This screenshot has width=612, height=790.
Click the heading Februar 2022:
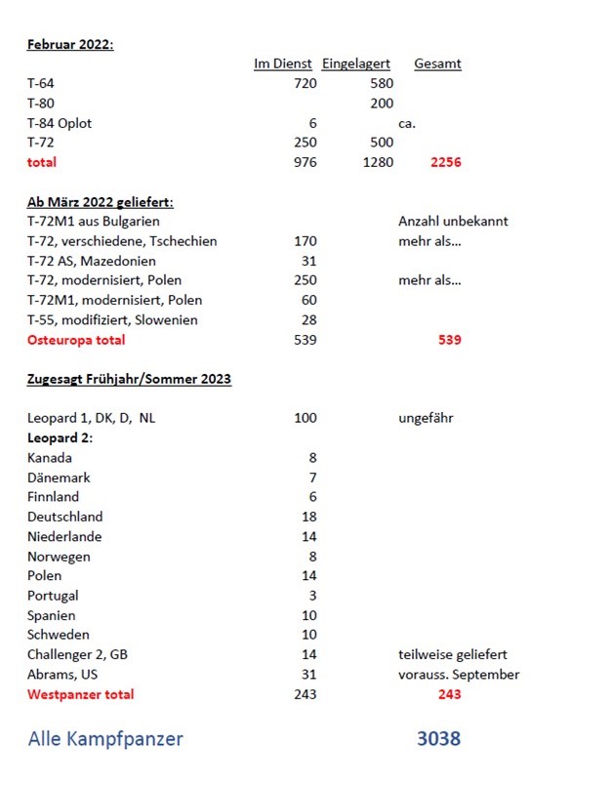click(70, 44)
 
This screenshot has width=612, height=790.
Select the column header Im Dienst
click(282, 64)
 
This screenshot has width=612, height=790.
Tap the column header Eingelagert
click(356, 64)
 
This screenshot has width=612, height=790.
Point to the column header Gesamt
click(437, 64)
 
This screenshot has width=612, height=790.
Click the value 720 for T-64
click(305, 84)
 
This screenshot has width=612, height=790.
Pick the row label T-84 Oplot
click(60, 124)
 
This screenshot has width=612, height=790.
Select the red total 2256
click(445, 163)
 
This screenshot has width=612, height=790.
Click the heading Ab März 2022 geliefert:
click(101, 202)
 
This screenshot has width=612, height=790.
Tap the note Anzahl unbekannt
click(453, 222)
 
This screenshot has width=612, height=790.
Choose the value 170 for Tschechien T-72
click(305, 241)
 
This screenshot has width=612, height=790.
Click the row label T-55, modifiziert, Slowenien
click(112, 320)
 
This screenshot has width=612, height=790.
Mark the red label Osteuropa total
click(76, 340)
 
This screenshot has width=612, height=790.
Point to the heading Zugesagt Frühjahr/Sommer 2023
click(129, 379)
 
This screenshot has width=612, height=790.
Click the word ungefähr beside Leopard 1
click(426, 419)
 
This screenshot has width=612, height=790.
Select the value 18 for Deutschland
click(308, 517)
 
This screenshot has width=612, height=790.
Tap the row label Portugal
click(53, 596)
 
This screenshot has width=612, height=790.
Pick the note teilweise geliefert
click(452, 654)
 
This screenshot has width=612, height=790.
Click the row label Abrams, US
click(62, 674)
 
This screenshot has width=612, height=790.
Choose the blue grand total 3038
click(438, 739)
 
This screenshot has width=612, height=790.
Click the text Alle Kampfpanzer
click(105, 739)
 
